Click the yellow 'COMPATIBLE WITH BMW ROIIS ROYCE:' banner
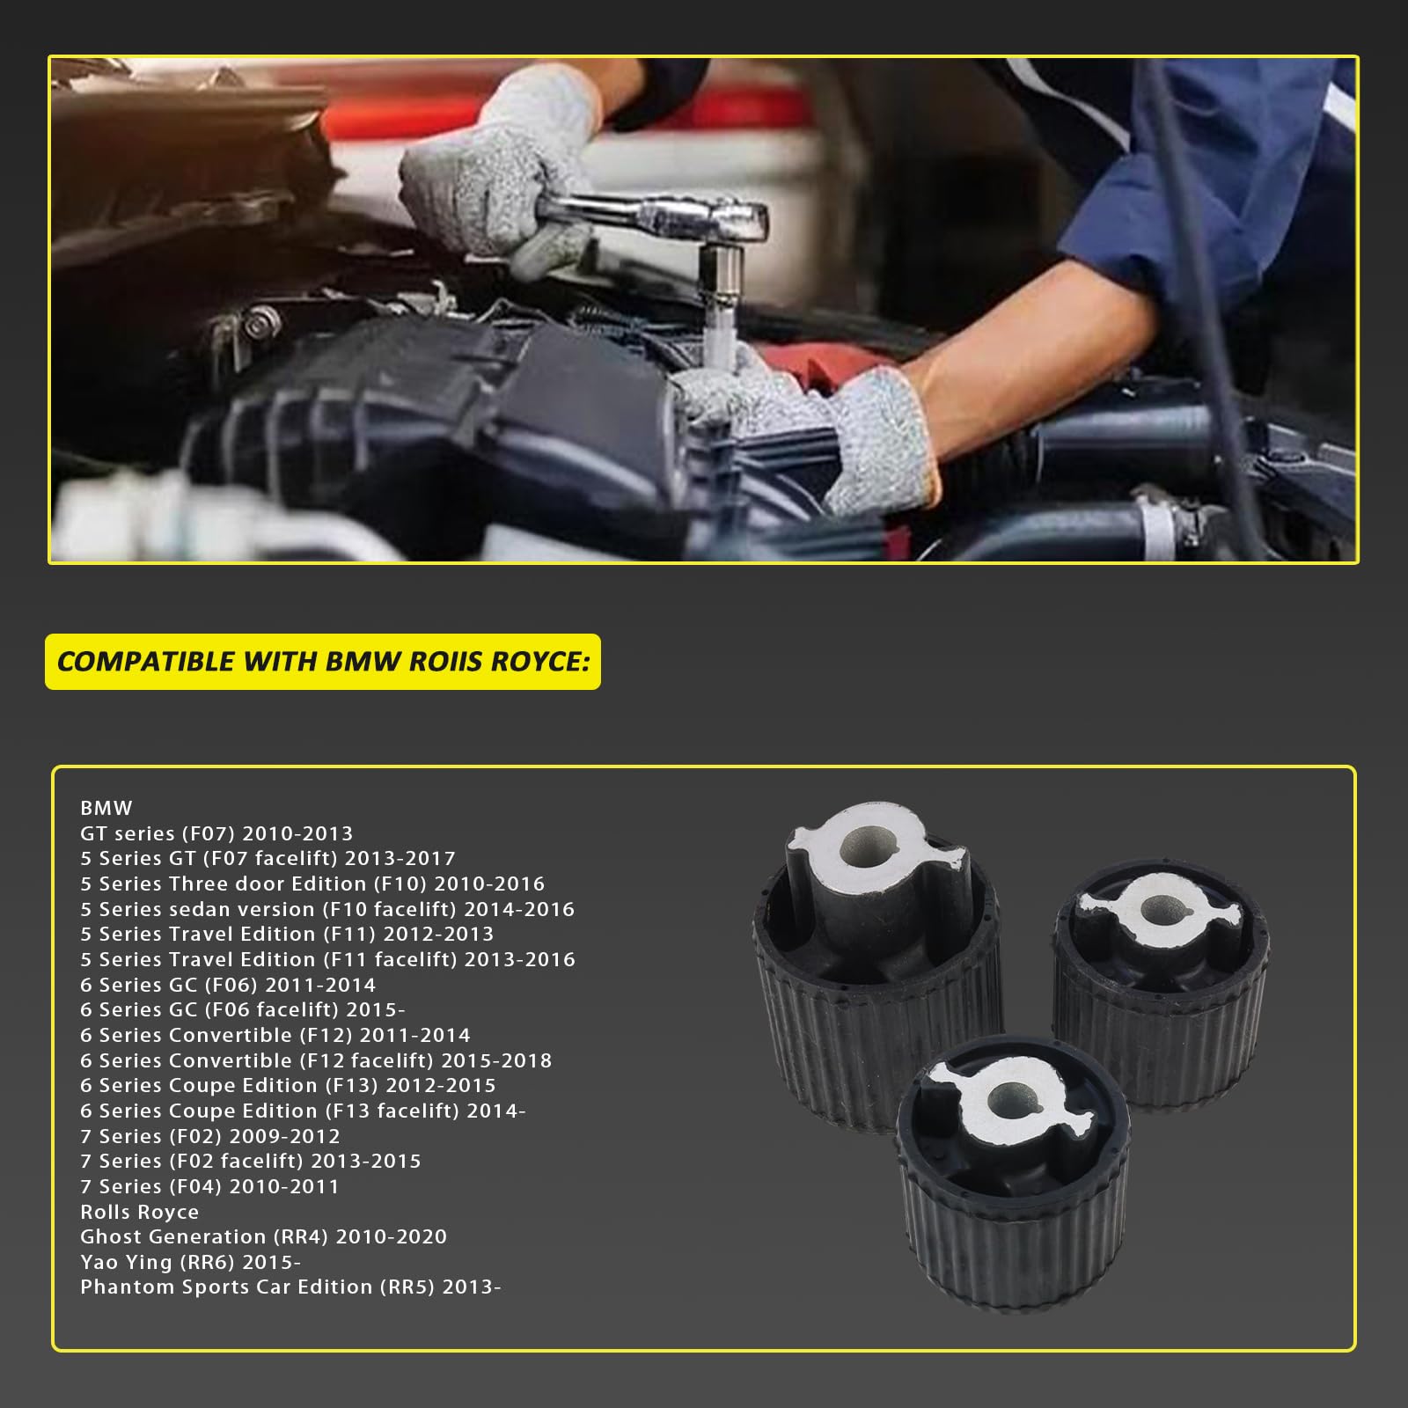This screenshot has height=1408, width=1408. click(323, 662)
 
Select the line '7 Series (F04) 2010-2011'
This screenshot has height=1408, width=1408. click(209, 1186)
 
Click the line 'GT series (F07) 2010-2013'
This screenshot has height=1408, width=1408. click(216, 833)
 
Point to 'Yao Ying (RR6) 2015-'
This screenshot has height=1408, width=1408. click(190, 1262)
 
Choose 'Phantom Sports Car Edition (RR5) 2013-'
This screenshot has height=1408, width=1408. click(290, 1287)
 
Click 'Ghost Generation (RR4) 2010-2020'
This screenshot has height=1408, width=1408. click(263, 1236)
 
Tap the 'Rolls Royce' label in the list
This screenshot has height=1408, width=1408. click(139, 1212)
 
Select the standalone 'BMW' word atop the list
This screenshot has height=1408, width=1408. click(106, 808)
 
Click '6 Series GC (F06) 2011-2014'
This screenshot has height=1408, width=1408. click(228, 985)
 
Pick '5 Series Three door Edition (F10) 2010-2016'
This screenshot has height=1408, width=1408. click(312, 884)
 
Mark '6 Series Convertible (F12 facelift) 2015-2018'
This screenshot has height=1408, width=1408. click(316, 1060)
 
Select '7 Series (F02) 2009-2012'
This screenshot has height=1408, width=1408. click(209, 1136)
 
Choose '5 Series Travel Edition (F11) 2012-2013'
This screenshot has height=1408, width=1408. click(287, 934)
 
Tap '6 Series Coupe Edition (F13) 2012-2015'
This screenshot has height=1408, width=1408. click(288, 1085)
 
